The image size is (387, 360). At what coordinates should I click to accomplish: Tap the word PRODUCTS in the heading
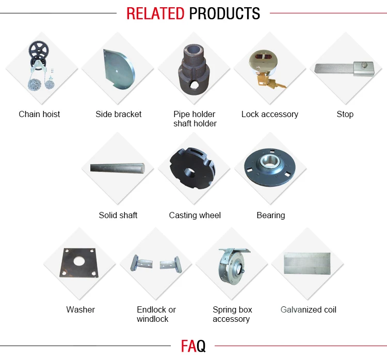[x=224, y=13]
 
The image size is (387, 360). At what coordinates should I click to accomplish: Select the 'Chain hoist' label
[x=39, y=114]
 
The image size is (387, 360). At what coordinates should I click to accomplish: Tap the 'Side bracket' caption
[x=118, y=114]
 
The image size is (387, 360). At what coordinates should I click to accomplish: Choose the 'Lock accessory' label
[x=269, y=114]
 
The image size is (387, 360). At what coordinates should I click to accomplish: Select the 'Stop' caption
[x=345, y=114]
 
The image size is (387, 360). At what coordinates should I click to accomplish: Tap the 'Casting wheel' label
[x=195, y=215]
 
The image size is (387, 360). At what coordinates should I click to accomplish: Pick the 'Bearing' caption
[x=270, y=215]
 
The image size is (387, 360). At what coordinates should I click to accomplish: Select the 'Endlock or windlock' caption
[x=156, y=314]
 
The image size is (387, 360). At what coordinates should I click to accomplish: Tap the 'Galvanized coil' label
[x=308, y=309]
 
